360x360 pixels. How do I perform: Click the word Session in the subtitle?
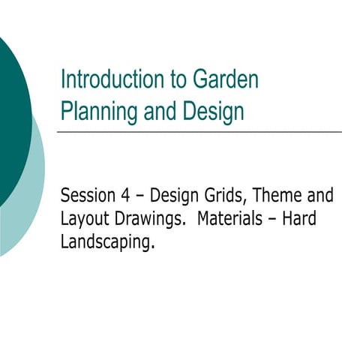tap(85, 196)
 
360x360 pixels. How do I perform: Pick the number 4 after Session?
tap(123, 196)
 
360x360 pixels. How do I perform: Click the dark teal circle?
tap(11, 112)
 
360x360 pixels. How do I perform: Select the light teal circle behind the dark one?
tap(34, 187)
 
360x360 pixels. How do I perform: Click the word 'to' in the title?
tap(160, 80)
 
